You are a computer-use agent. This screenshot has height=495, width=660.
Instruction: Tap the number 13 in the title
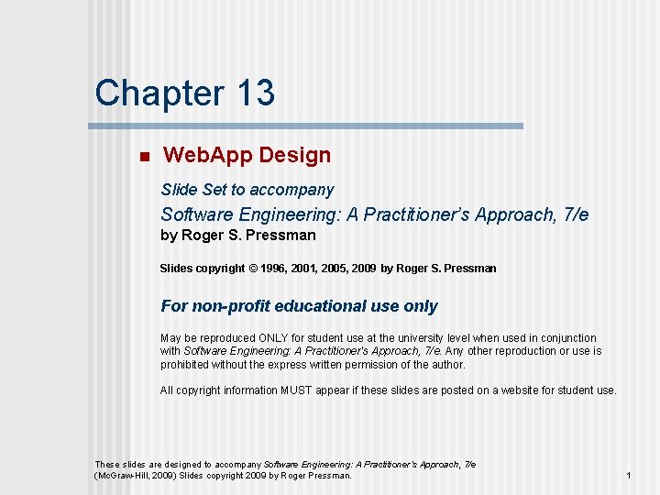point(255,93)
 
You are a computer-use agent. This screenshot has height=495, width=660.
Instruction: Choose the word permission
point(374,364)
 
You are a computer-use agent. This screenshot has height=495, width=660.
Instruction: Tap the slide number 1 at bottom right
point(629,476)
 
